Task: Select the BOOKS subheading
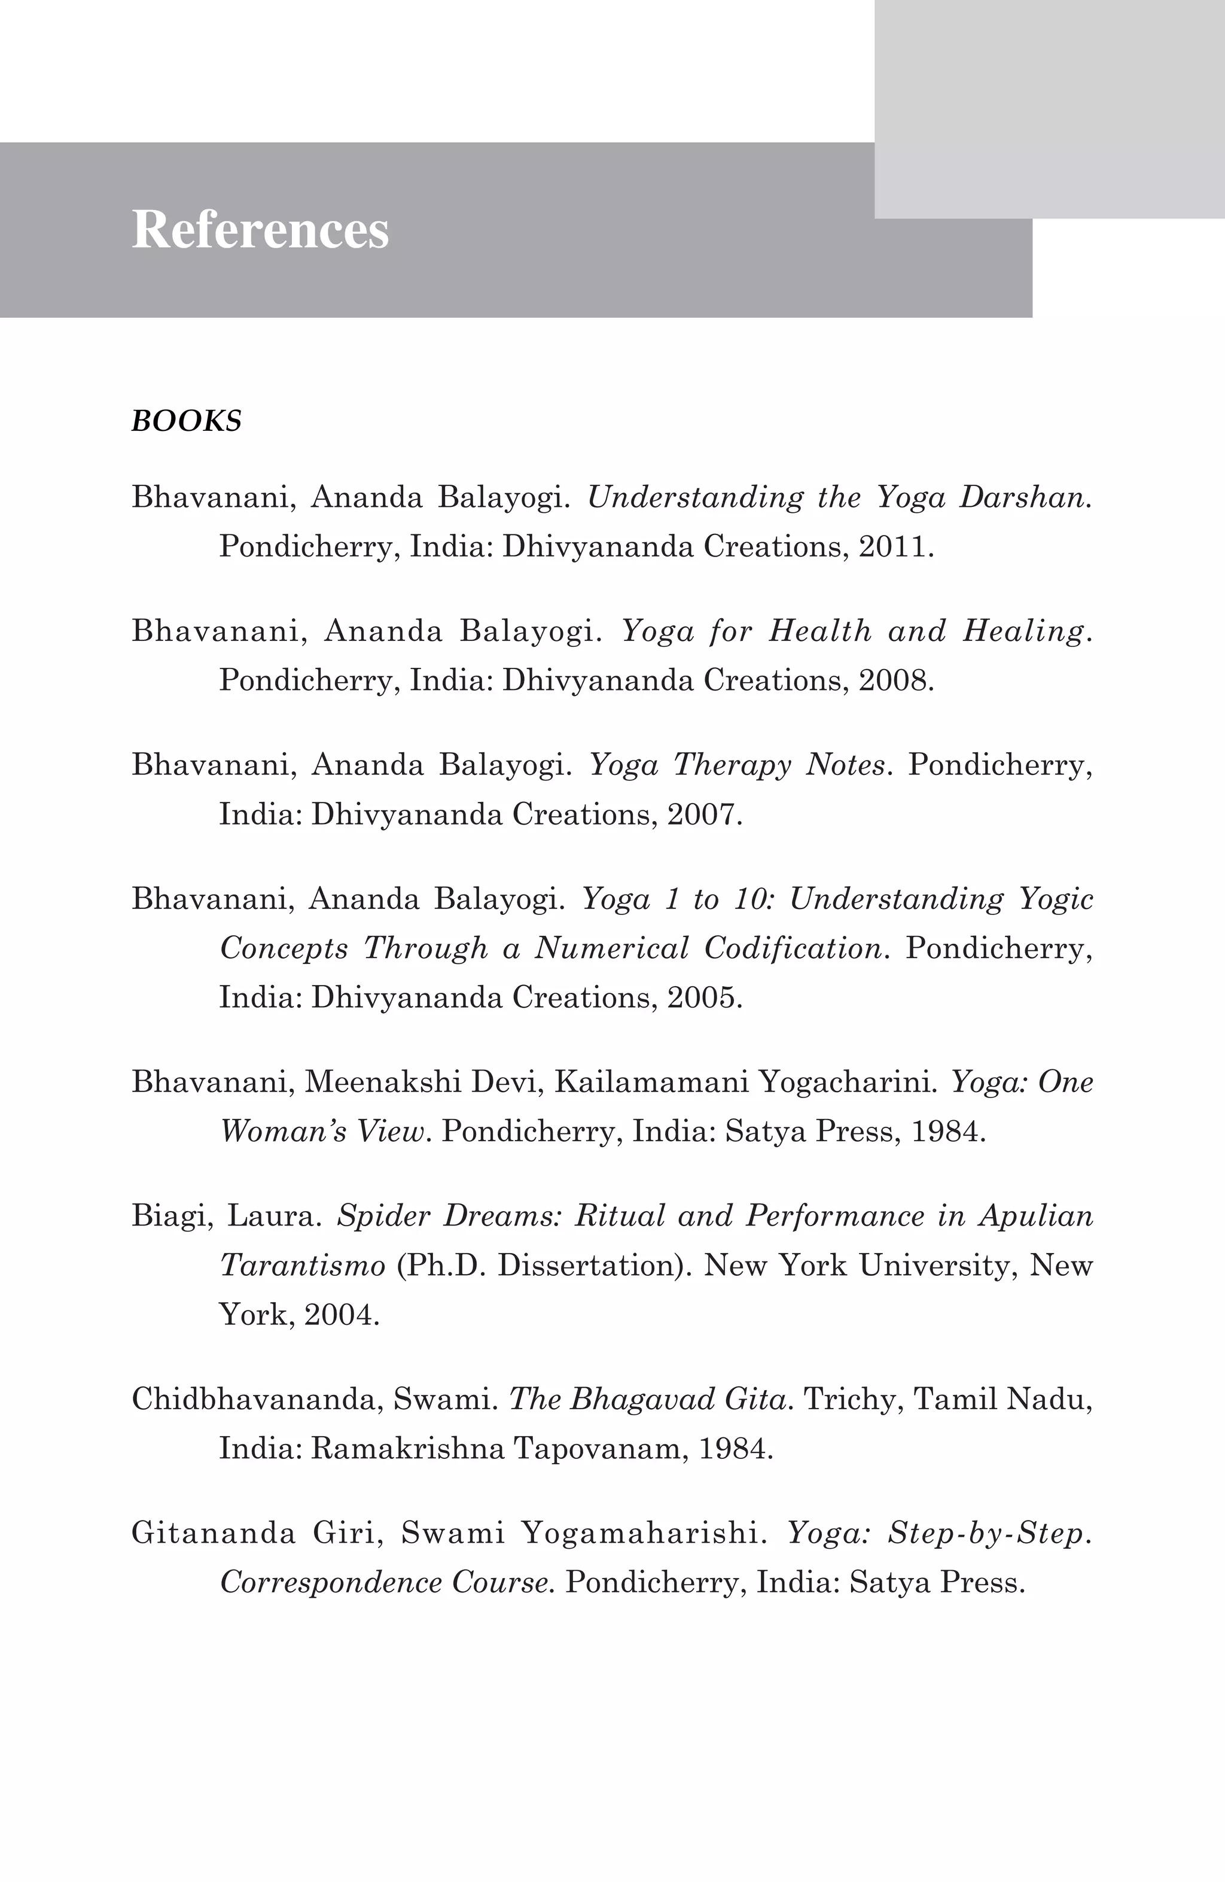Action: pyautogui.click(x=186, y=421)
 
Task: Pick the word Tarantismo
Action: pyautogui.click(x=302, y=1265)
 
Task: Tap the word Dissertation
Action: pyautogui.click(x=589, y=1265)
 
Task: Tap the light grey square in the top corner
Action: pyautogui.click(x=1050, y=108)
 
